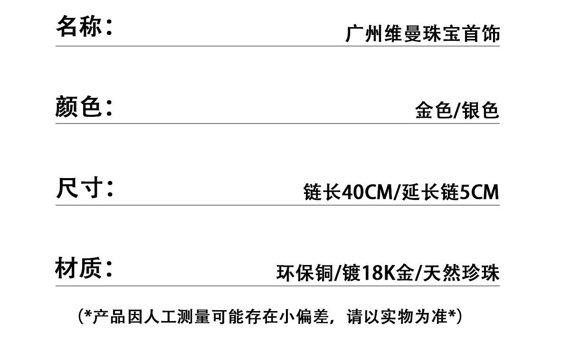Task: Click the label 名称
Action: [x=79, y=26]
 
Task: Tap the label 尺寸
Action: [x=79, y=188]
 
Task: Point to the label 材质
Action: [x=79, y=268]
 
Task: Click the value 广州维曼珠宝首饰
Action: [x=423, y=33]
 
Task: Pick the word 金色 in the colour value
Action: [x=434, y=110]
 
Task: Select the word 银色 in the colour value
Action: [x=480, y=110]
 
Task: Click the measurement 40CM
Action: [x=367, y=192]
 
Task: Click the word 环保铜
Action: [x=305, y=273]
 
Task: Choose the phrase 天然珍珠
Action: [x=461, y=273]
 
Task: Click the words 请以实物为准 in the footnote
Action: [x=397, y=316]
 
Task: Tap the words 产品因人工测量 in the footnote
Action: [x=151, y=316]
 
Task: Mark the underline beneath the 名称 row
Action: [x=277, y=46]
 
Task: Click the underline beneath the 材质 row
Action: [x=277, y=286]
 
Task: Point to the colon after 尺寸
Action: [x=110, y=189]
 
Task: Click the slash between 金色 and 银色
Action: [x=457, y=111]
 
